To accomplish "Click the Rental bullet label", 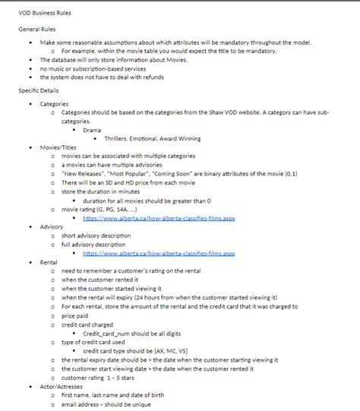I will (49, 262).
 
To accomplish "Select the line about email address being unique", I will (112, 404).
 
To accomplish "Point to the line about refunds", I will (101, 77).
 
